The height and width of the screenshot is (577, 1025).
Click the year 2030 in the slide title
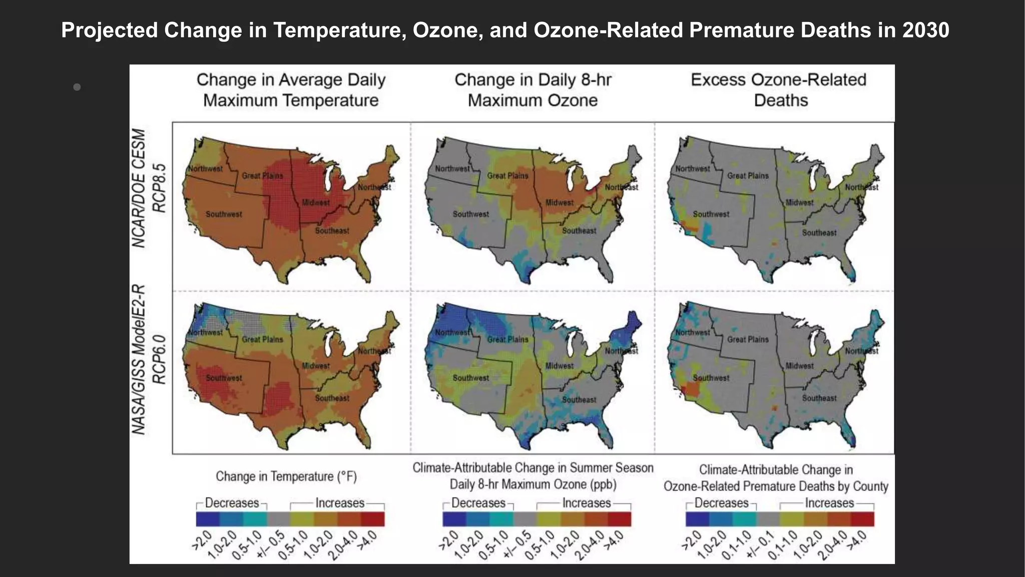[925, 31]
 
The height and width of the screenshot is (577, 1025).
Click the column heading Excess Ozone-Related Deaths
[779, 90]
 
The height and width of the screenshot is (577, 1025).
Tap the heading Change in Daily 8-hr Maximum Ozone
[533, 90]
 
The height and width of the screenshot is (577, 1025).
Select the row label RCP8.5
[159, 188]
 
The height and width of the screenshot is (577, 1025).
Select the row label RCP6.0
[159, 357]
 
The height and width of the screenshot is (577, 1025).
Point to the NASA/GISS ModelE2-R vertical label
[139, 359]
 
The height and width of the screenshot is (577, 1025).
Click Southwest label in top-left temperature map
[224, 214]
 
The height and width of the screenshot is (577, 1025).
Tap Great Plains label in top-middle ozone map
[507, 176]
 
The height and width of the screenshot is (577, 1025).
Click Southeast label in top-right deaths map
[819, 233]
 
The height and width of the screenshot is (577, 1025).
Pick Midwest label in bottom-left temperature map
[316, 366]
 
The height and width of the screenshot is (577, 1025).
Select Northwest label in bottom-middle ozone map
[452, 333]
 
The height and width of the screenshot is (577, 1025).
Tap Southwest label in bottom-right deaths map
[711, 378]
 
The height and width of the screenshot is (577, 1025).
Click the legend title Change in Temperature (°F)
[286, 476]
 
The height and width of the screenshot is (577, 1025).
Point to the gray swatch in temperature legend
[278, 519]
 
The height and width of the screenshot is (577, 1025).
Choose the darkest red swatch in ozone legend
[619, 519]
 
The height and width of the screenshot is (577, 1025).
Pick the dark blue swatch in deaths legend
[697, 519]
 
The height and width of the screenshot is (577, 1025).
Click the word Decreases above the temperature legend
[232, 503]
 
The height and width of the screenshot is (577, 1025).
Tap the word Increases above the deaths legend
[829, 503]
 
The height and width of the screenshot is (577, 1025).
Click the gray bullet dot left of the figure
[77, 87]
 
